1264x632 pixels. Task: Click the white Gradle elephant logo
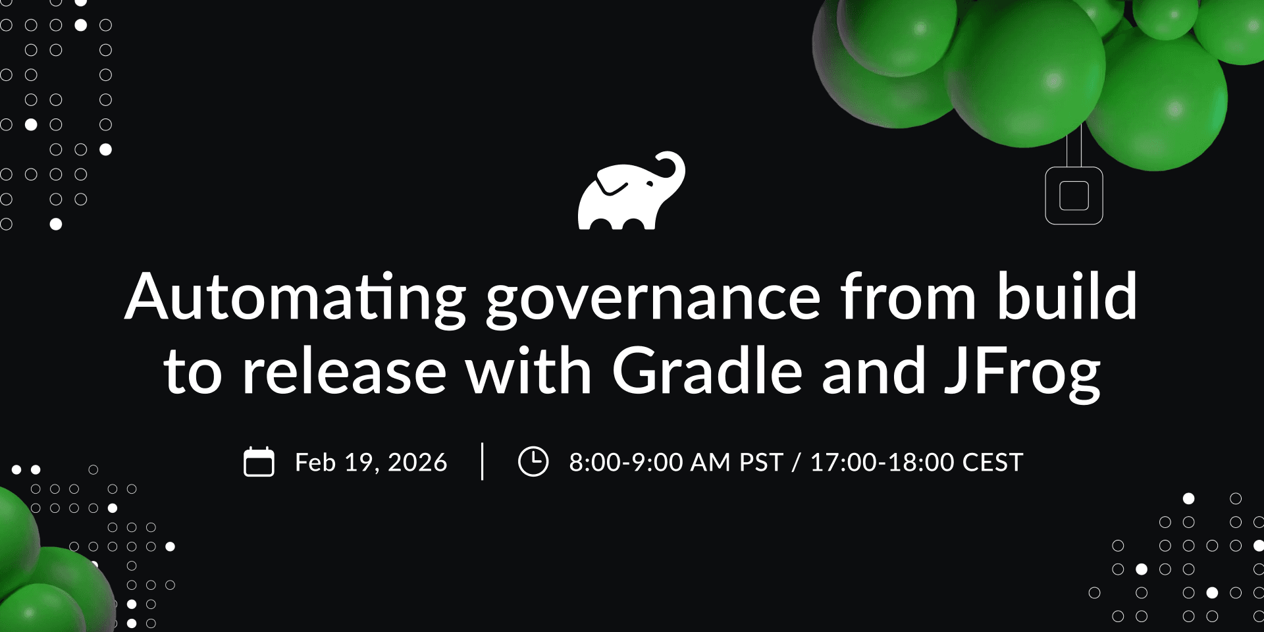tap(629, 194)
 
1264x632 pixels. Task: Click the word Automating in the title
tap(296, 298)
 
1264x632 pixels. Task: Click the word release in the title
tap(344, 372)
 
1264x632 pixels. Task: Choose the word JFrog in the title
tap(1022, 374)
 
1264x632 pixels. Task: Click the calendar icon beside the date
tap(259, 461)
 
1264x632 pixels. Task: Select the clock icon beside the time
tap(533, 461)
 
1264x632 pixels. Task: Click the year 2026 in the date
tap(417, 463)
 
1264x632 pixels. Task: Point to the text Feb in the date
tap(315, 463)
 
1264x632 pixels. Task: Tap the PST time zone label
tap(761, 463)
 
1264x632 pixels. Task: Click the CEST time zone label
tap(993, 463)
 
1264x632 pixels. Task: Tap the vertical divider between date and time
tap(483, 461)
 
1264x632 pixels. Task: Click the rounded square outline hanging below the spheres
tap(1074, 196)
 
